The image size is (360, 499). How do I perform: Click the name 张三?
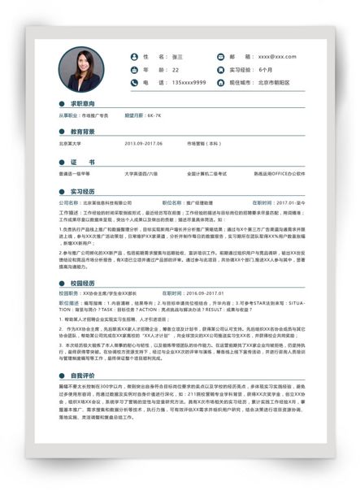[x=177, y=57]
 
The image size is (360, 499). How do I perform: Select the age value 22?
[x=176, y=70]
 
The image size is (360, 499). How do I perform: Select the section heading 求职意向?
[x=83, y=104]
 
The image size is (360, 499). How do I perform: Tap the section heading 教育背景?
[x=83, y=131]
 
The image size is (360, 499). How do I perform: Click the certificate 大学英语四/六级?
[x=141, y=173]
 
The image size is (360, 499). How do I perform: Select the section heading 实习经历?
[x=83, y=191]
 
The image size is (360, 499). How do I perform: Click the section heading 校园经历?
[x=83, y=281]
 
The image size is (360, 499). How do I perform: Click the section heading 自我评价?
[x=83, y=375]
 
